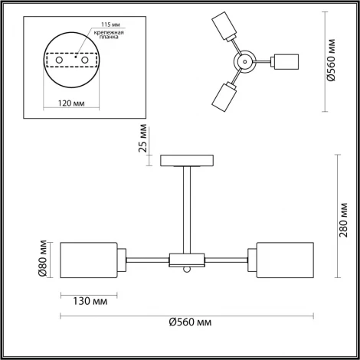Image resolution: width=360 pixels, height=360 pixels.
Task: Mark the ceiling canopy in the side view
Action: pyautogui.click(x=187, y=160)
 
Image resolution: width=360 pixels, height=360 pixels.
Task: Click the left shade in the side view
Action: pyautogui.click(x=88, y=260)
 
